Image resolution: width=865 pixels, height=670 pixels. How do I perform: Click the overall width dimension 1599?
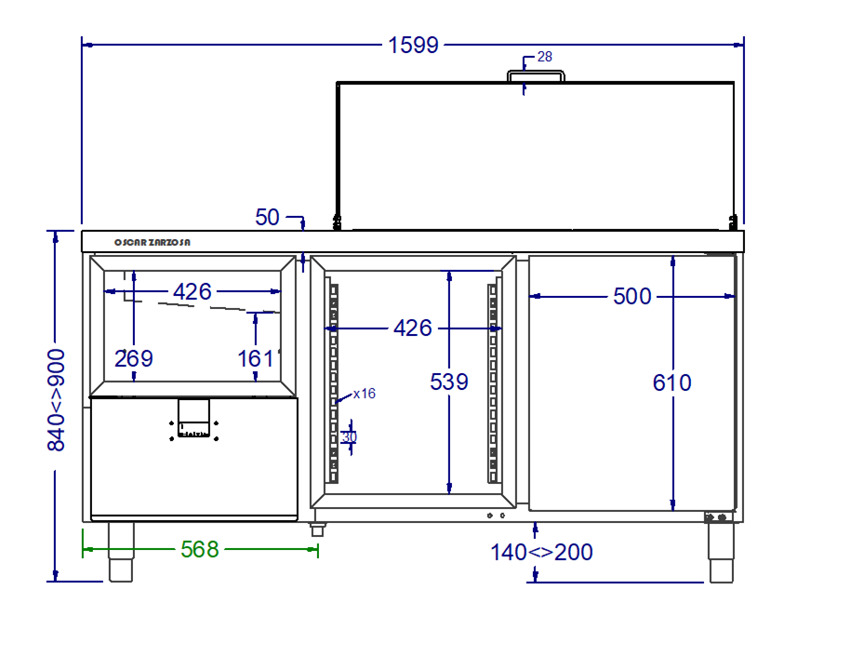[x=413, y=46]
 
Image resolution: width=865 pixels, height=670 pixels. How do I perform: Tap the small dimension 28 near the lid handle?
[x=544, y=57]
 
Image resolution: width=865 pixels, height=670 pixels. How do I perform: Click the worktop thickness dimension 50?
[x=268, y=218]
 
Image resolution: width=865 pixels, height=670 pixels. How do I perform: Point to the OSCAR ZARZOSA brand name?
[x=153, y=242]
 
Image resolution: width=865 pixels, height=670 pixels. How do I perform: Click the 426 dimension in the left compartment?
[x=193, y=291]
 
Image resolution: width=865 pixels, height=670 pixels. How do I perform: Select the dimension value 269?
[x=134, y=359]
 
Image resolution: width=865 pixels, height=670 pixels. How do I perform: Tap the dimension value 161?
[x=256, y=359]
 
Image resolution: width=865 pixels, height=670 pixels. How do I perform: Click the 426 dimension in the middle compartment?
[x=413, y=328]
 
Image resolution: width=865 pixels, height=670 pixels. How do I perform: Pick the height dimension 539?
[x=449, y=382]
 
